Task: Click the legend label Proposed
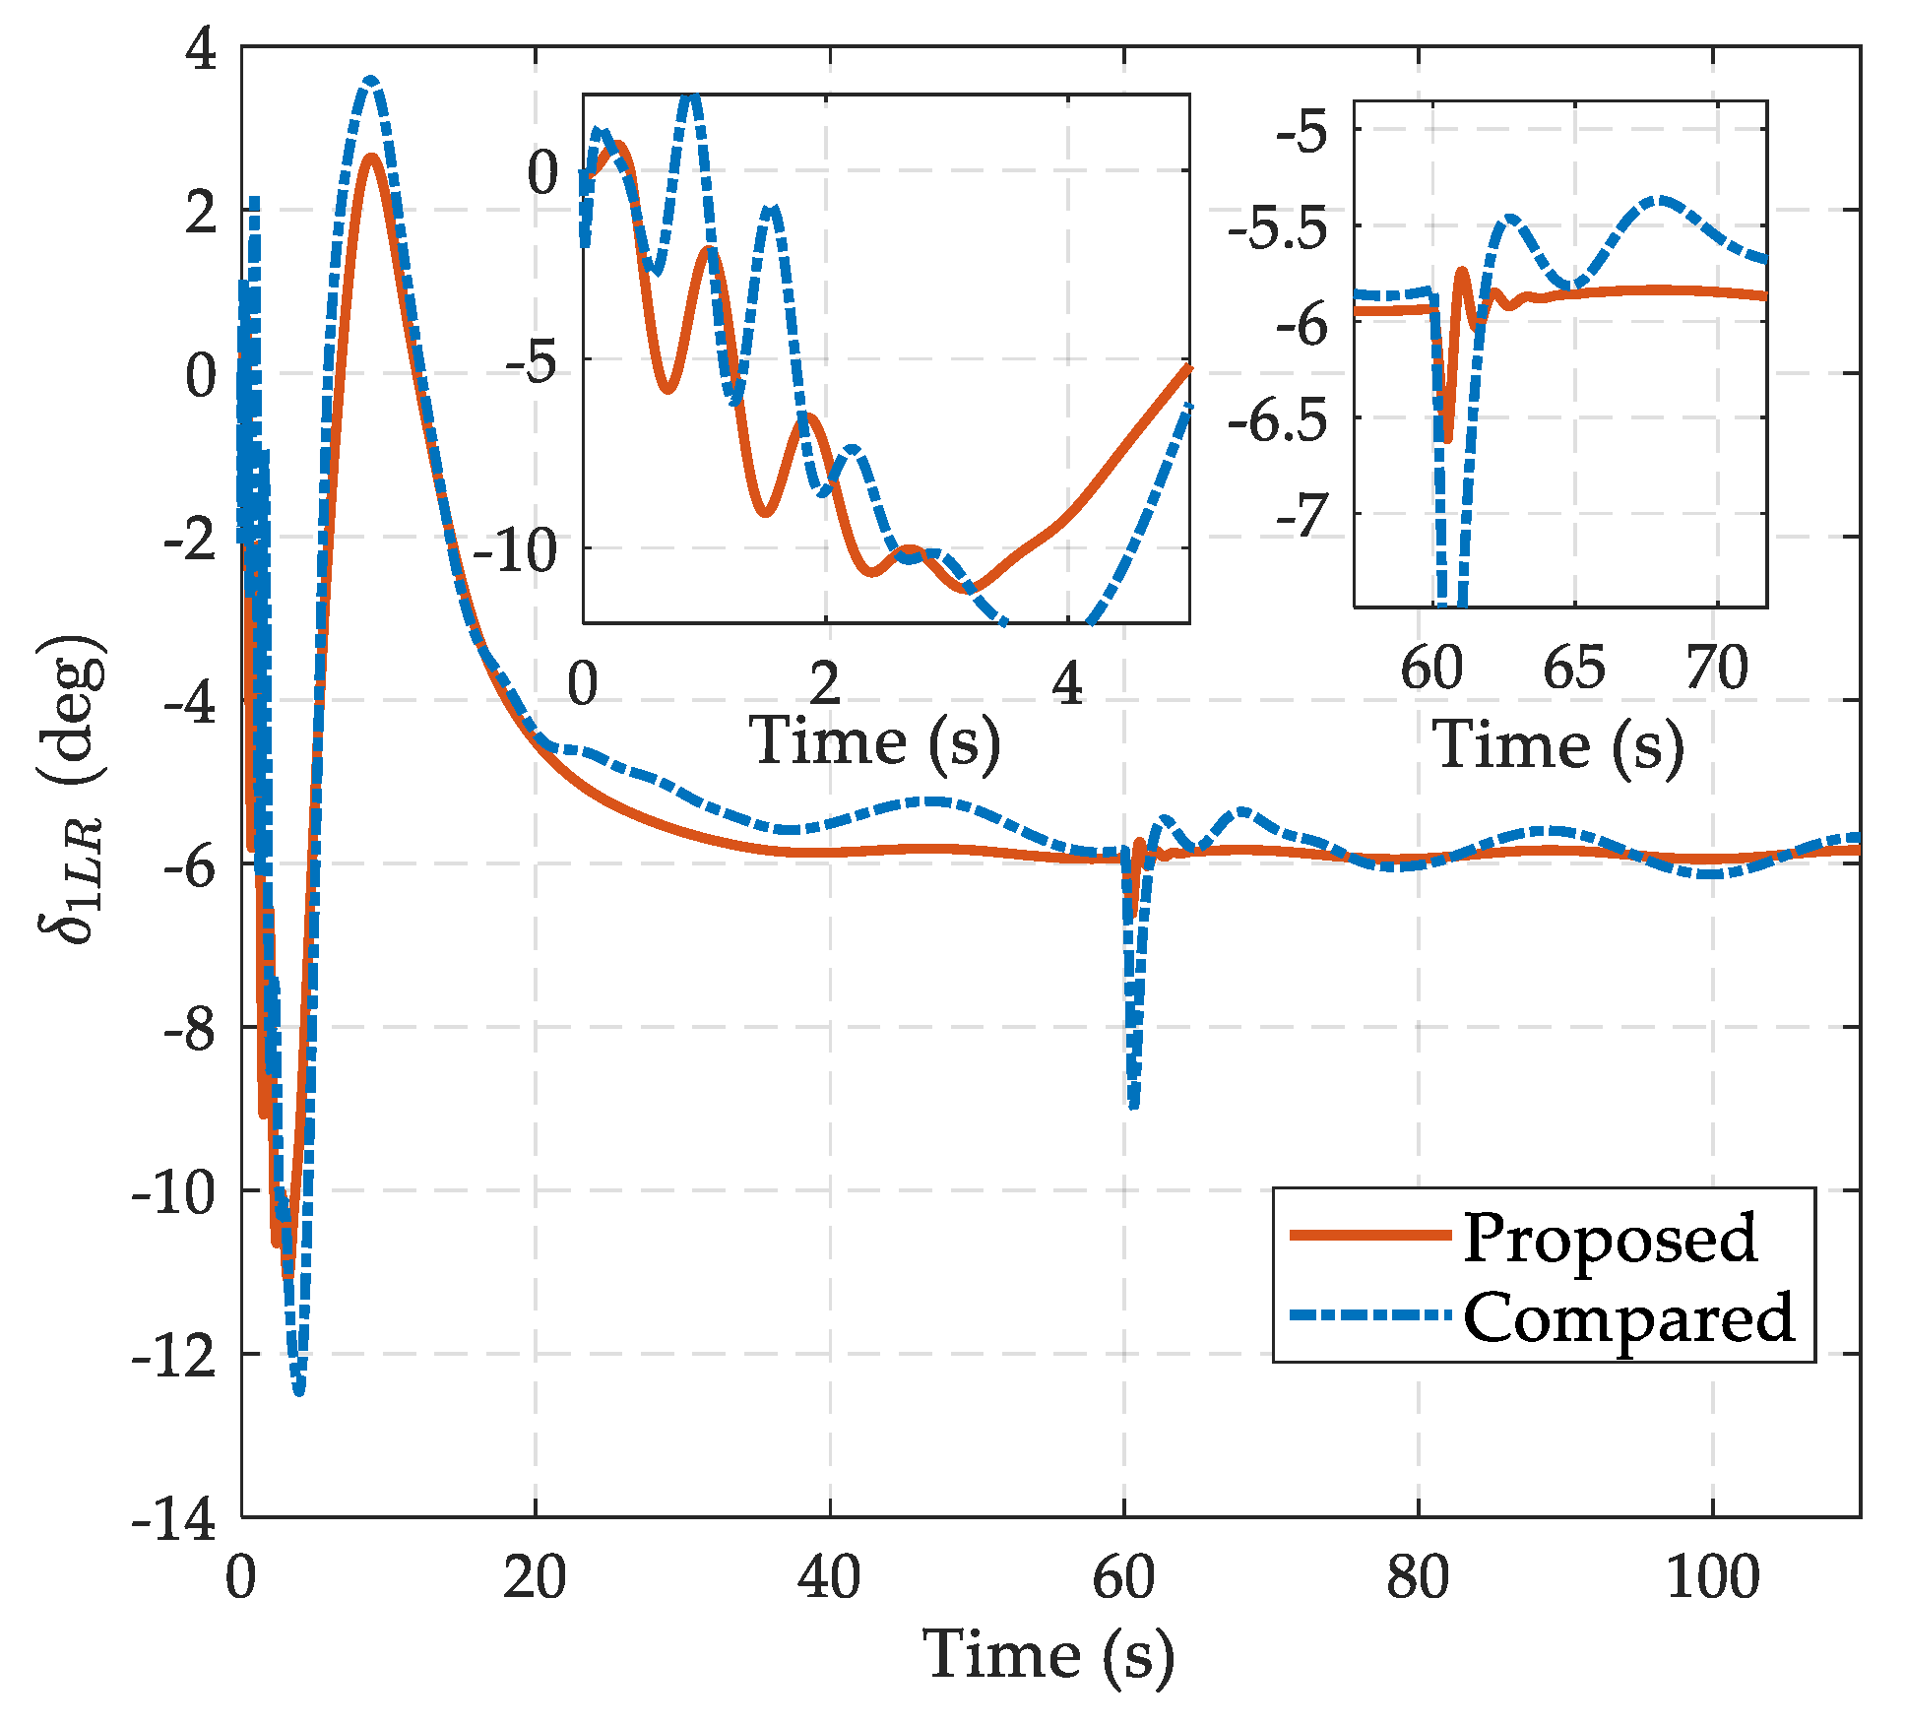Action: [x=1609, y=1239]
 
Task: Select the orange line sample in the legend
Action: [x=1370, y=1235]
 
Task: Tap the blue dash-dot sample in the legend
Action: [x=1370, y=1314]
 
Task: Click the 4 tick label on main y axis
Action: [x=201, y=49]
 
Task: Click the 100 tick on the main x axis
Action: [x=1712, y=1577]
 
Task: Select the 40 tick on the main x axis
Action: [x=829, y=1577]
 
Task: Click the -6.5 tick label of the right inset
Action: [x=1277, y=421]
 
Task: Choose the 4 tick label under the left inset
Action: [x=1067, y=683]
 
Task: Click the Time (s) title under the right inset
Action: [x=1557, y=745]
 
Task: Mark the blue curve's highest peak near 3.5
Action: [x=370, y=81]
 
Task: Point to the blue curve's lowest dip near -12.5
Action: [x=299, y=1390]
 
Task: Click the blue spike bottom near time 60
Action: [x=1134, y=1105]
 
